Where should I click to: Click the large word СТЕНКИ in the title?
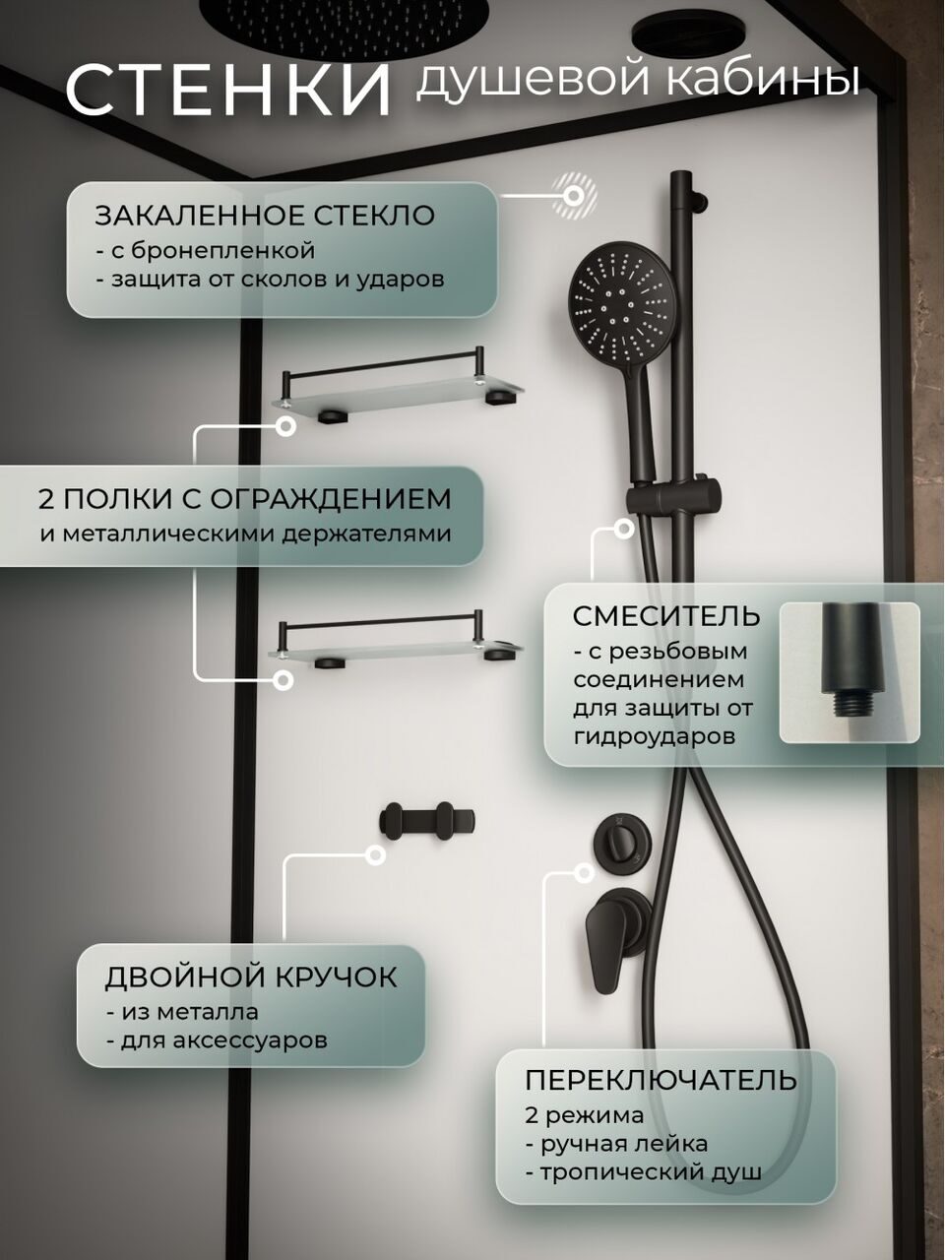coord(228,91)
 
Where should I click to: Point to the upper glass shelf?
coord(399,391)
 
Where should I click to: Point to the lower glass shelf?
coord(396,642)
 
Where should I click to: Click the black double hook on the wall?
coord(427,822)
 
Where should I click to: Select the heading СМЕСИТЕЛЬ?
coord(666,617)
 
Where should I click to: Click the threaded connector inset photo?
coord(850,672)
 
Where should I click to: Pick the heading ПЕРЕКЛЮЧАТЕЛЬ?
coord(661,1080)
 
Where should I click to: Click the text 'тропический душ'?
coord(644,1172)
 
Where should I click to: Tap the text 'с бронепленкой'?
coord(206,251)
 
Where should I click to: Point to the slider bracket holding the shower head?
coord(672,496)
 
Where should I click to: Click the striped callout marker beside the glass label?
coord(573,196)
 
